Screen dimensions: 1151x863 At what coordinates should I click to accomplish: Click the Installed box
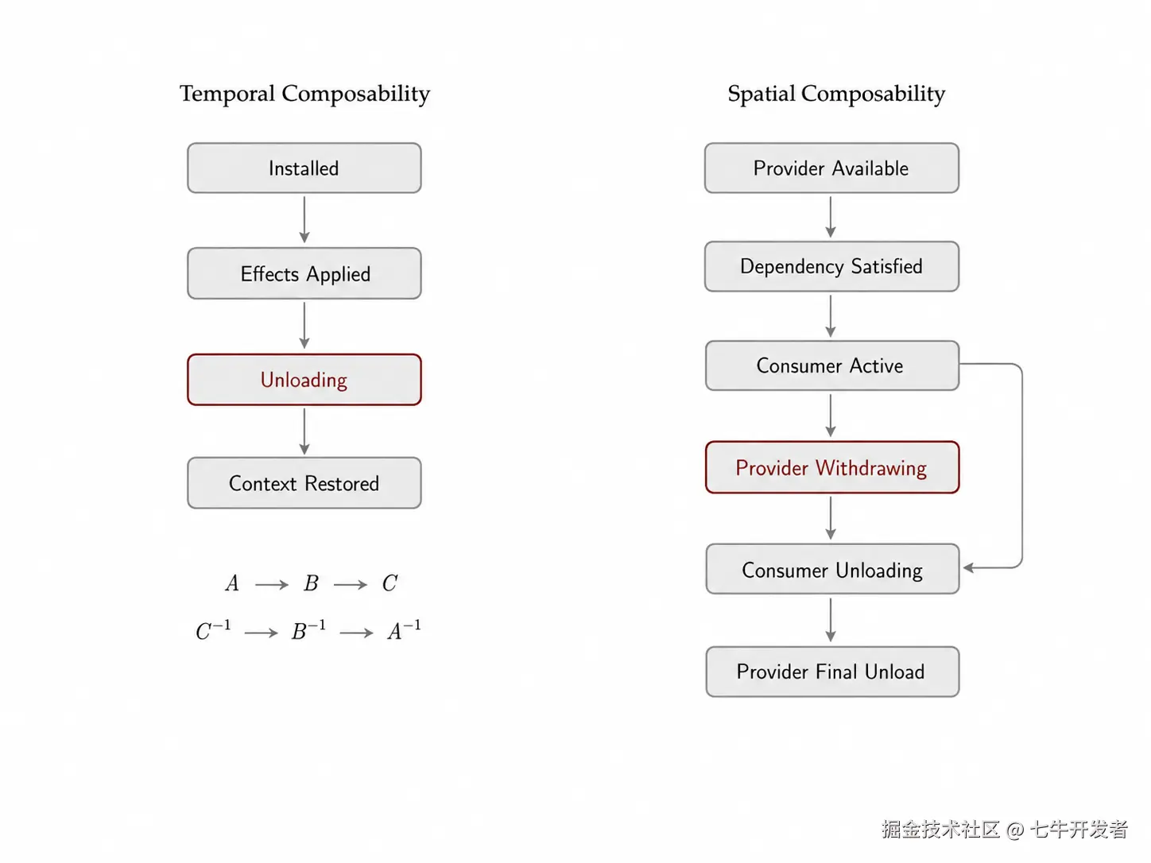304,168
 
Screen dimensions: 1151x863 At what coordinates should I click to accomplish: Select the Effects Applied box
304,273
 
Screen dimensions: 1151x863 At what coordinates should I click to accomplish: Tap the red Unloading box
304,379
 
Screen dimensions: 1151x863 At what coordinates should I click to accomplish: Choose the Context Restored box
304,483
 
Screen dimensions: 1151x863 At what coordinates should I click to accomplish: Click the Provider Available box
831,168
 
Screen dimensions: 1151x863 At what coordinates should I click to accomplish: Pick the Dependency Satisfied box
831,266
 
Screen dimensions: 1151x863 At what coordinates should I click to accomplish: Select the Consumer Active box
832,366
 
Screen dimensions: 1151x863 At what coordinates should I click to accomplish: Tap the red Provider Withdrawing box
832,467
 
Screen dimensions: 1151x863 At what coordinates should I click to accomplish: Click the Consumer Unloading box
833,569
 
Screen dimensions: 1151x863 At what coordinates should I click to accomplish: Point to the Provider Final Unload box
833,671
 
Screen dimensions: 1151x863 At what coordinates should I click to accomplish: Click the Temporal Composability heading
304,95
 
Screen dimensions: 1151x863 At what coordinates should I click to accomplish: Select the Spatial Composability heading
836,95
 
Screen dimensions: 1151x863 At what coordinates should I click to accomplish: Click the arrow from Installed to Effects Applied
304,220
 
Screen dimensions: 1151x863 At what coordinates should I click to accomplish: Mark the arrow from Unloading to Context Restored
304,431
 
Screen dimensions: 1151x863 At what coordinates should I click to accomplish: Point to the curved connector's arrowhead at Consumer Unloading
968,568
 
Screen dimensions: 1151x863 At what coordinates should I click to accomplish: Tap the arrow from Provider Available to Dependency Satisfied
831,217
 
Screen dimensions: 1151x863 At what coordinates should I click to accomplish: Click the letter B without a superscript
311,582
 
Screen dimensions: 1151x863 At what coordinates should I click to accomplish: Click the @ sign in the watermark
1014,830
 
